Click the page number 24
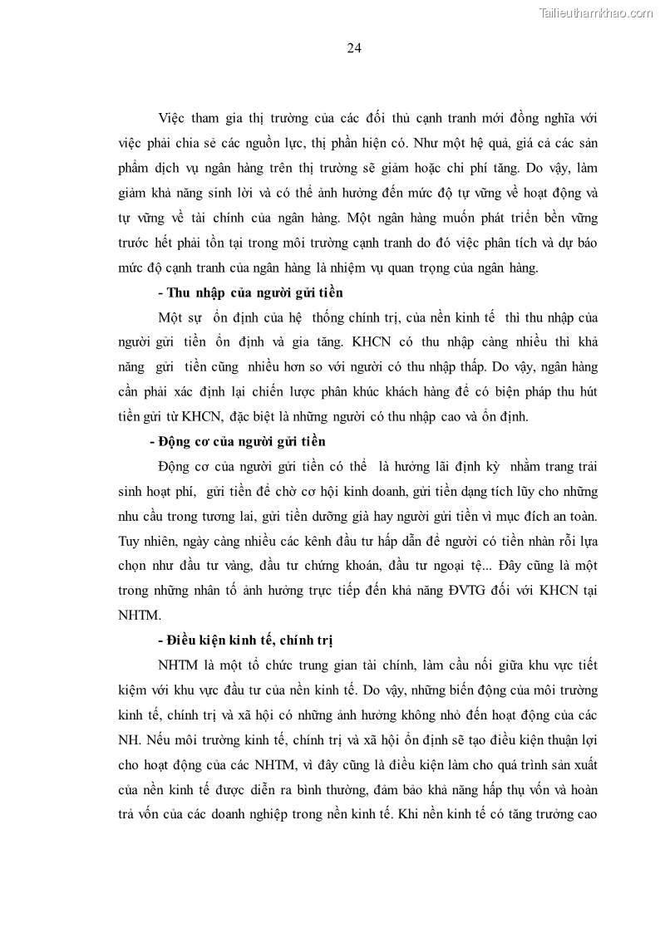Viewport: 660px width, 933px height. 353,48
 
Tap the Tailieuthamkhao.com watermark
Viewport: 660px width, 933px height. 596,12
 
